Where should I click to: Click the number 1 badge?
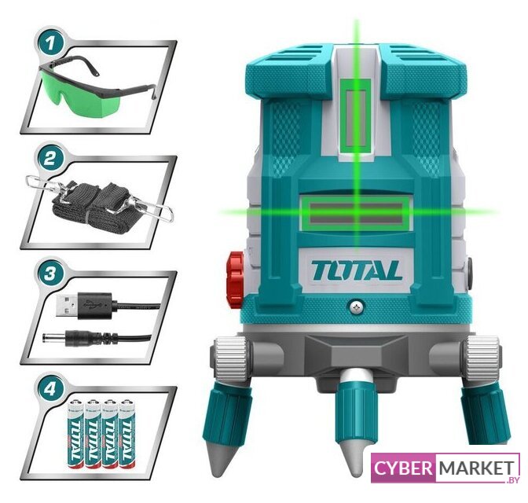pyautogui.click(x=50, y=42)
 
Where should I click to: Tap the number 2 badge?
pyautogui.click(x=50, y=158)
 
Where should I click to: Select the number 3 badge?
pyautogui.click(x=50, y=274)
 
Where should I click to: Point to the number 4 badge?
pyautogui.click(x=50, y=389)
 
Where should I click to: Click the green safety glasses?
pyautogui.click(x=97, y=87)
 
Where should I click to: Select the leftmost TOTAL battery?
pyautogui.click(x=76, y=434)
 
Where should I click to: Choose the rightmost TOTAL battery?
pyautogui.click(x=127, y=434)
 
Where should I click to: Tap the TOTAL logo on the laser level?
pyautogui.click(x=356, y=270)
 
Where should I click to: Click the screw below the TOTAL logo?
pyautogui.click(x=356, y=307)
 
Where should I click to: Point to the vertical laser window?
pyautogui.click(x=356, y=118)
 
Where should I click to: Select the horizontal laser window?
pyautogui.click(x=356, y=214)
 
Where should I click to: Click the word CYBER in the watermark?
pyautogui.click(x=403, y=468)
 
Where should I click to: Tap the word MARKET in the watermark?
pyautogui.click(x=477, y=468)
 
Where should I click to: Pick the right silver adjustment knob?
pyautogui.click(x=482, y=357)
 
